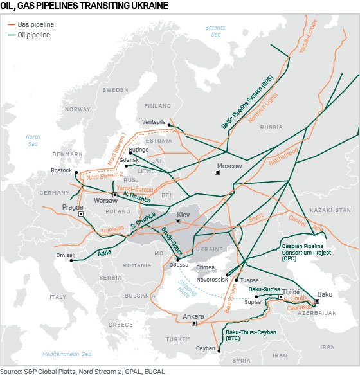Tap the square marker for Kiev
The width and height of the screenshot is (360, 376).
point(177,222)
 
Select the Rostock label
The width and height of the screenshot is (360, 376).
point(62,170)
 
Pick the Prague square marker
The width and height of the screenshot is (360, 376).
point(81,214)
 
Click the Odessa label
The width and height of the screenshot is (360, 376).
point(179,265)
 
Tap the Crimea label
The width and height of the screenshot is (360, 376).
point(206,267)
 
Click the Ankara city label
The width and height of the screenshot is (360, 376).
point(193,316)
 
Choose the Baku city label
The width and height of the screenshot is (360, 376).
point(325,294)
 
